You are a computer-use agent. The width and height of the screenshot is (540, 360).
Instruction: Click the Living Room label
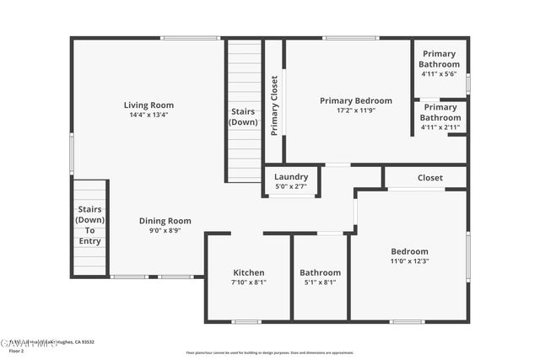[x=148, y=105]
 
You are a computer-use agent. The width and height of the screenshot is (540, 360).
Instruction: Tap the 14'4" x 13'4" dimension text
[x=148, y=115]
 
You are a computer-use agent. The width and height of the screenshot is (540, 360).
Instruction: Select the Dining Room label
[x=165, y=221]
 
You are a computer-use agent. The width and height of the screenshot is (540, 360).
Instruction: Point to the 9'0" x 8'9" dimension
[x=165, y=230]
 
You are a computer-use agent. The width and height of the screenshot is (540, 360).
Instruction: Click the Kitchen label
[x=249, y=272]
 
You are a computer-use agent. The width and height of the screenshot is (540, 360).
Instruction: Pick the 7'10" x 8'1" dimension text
[x=249, y=282]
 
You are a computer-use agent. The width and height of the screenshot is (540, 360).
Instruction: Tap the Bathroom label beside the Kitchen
[x=321, y=272]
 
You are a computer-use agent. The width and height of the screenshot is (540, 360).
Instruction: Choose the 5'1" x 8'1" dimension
[x=321, y=282]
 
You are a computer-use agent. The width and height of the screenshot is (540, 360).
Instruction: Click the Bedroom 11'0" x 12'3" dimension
[x=409, y=261]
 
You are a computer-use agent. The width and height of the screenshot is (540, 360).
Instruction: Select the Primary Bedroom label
[x=356, y=100]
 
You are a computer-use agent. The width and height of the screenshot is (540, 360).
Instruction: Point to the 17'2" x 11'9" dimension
[x=356, y=110]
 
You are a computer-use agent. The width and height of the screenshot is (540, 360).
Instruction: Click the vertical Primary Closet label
[x=274, y=106]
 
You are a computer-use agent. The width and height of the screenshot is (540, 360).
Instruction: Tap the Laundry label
[x=291, y=177]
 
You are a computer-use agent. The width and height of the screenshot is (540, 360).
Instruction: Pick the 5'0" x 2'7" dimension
[x=291, y=186]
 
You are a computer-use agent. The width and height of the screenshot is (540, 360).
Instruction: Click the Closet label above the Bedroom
[x=430, y=178]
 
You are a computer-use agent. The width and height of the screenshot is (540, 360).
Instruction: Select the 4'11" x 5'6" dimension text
[x=440, y=74]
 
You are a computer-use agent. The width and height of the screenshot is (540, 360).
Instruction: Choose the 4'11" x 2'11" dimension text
[x=440, y=127]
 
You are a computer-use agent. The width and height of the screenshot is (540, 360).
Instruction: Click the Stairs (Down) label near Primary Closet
[x=244, y=117]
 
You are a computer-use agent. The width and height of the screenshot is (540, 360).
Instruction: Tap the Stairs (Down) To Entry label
[x=90, y=225]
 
